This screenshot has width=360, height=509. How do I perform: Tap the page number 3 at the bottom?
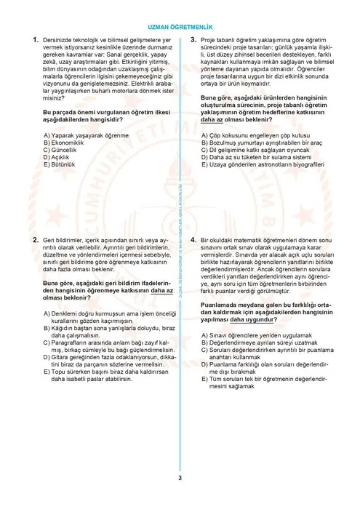[180, 478]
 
